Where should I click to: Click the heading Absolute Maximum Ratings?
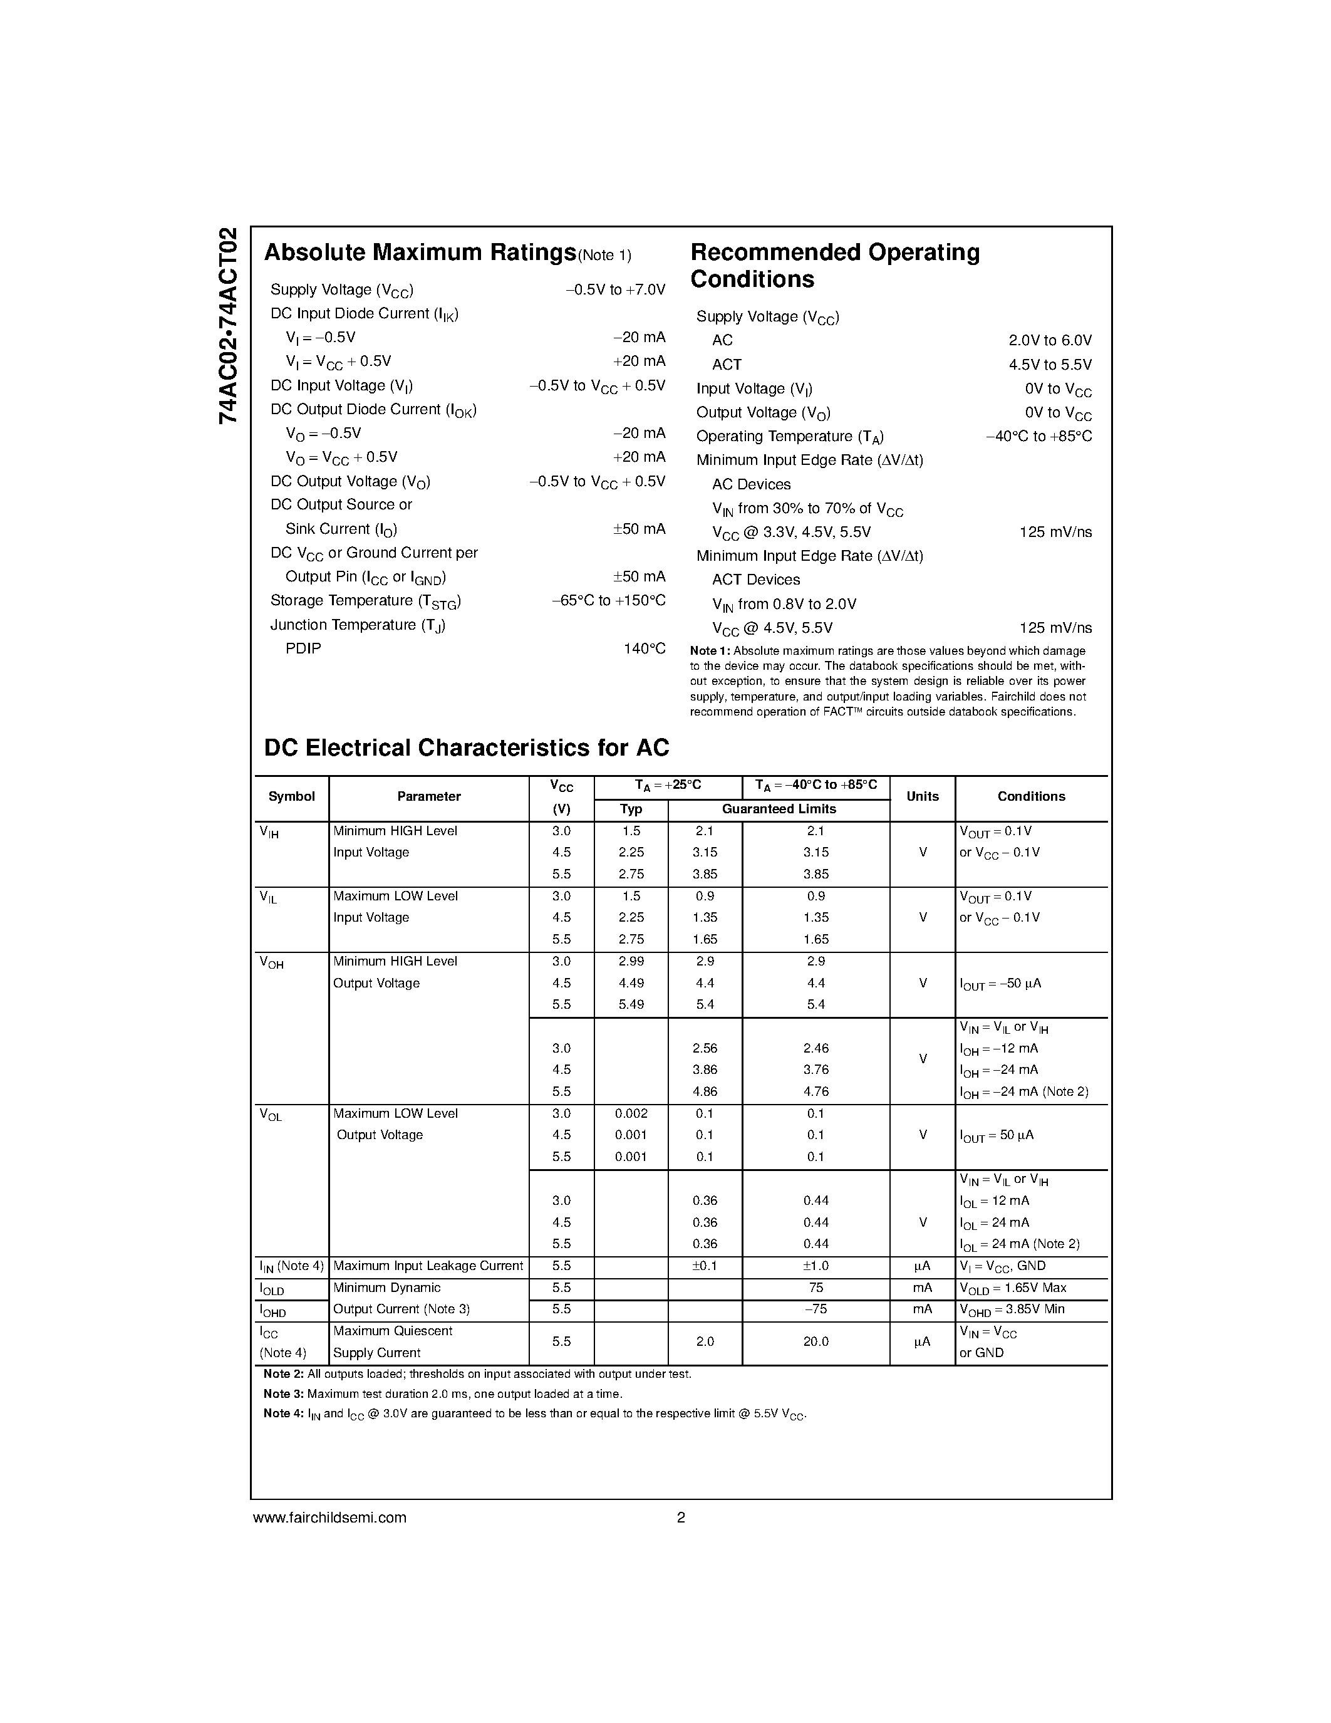click(420, 252)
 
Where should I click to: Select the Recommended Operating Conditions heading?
click(834, 266)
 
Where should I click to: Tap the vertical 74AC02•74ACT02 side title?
click(228, 326)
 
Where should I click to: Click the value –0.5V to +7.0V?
click(615, 289)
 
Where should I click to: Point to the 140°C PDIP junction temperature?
click(645, 648)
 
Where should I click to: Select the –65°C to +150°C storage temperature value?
click(608, 600)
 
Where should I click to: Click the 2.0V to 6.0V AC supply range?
click(1050, 340)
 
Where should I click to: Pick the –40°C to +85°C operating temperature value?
click(1038, 436)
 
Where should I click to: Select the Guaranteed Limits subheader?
click(779, 809)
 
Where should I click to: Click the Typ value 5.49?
click(631, 1004)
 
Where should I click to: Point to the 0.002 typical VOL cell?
click(631, 1113)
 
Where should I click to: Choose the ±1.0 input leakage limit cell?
click(816, 1266)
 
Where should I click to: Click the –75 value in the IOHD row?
click(816, 1309)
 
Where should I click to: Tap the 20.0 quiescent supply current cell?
click(816, 1341)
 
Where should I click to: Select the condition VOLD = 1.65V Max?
click(1012, 1288)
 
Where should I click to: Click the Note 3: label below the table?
click(283, 1394)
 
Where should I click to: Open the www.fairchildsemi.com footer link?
click(329, 1517)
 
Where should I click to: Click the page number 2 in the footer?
click(680, 1517)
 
